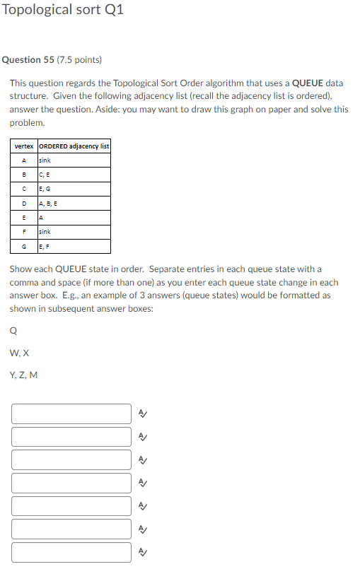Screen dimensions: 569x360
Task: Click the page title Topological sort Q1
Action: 62,11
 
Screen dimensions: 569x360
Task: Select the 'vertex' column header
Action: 24,146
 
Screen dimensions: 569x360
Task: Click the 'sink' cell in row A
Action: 45,160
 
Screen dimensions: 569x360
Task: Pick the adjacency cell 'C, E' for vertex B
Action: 45,175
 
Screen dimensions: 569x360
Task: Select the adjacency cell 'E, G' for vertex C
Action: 45,189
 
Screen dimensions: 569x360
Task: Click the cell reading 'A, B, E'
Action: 48,204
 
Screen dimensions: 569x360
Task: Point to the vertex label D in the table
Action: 24,204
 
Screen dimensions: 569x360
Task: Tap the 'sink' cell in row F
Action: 45,232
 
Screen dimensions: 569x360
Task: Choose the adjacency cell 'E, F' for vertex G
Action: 44,246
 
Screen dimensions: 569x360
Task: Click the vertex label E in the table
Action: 24,218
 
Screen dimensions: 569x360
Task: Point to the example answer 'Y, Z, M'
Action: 23,375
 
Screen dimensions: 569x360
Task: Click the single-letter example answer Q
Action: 13,329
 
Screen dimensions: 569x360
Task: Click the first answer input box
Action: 71,414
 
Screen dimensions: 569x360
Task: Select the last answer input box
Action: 71,552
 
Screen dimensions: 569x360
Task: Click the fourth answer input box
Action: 71,483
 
